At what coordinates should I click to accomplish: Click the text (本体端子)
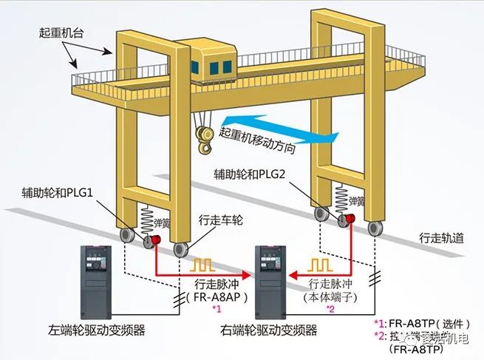330,296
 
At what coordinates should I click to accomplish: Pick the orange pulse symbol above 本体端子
320,265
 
